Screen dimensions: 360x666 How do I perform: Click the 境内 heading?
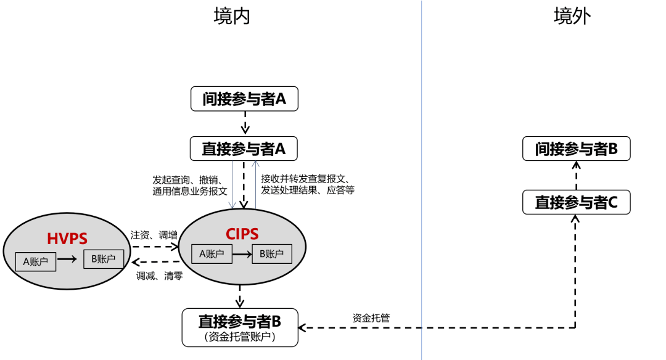(232, 17)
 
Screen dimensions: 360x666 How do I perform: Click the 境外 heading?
(572, 17)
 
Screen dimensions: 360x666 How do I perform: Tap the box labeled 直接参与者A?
(245, 149)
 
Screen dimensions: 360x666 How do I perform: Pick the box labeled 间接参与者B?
(577, 149)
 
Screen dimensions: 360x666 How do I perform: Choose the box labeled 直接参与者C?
(577, 202)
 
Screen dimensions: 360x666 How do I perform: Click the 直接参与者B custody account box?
(240, 327)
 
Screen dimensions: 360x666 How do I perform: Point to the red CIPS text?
(241, 234)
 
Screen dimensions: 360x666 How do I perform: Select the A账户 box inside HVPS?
(36, 261)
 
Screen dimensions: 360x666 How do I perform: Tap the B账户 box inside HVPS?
(103, 259)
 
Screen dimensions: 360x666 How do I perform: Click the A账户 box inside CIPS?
(212, 253)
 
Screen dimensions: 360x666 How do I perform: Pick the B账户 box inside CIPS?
(271, 253)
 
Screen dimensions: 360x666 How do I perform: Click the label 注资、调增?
(154, 235)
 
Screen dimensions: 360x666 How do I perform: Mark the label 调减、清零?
(160, 276)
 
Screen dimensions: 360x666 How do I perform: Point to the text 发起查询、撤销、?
(187, 180)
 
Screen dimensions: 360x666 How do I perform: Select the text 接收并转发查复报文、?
(305, 179)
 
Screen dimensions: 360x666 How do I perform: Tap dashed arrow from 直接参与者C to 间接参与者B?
(577, 176)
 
